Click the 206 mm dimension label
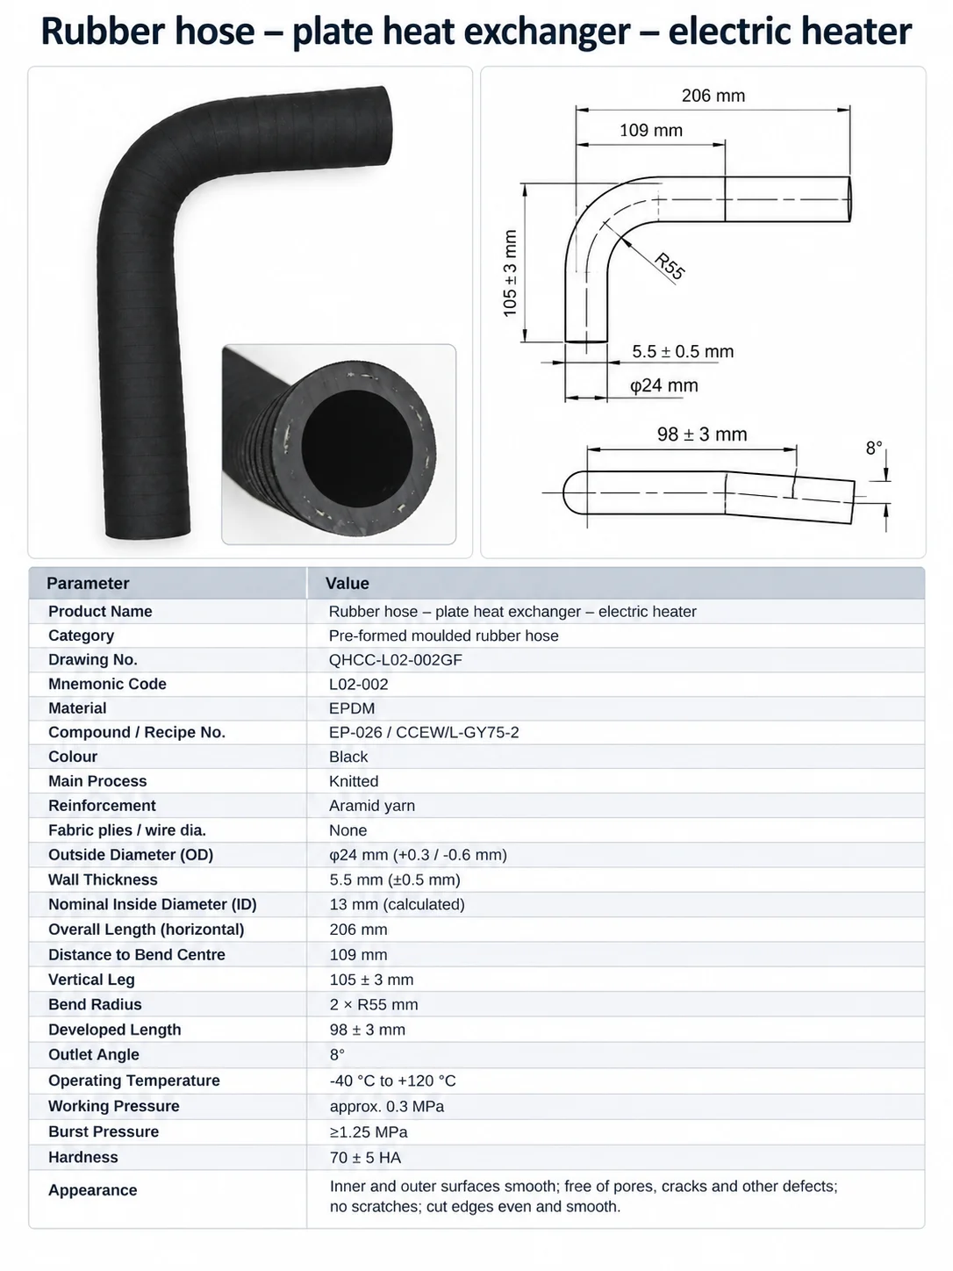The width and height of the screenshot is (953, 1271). click(x=713, y=96)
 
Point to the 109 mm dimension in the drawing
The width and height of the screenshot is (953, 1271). click(x=651, y=130)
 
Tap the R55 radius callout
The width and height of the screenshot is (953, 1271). click(x=670, y=266)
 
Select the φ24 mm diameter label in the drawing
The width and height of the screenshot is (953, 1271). click(x=663, y=385)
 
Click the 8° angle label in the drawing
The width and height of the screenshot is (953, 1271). click(x=874, y=448)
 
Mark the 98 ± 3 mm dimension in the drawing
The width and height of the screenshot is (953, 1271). click(x=702, y=434)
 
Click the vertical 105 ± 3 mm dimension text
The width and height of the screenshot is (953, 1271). click(x=510, y=273)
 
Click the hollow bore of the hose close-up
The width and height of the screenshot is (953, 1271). click(x=357, y=449)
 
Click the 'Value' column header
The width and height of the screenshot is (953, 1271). click(x=348, y=583)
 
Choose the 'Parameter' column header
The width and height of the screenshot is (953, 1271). click(x=88, y=583)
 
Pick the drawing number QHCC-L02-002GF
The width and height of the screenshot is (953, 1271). click(x=395, y=659)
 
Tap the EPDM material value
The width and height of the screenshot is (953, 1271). click(x=352, y=708)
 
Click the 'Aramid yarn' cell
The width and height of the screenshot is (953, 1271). click(x=371, y=806)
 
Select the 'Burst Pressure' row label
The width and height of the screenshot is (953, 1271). click(x=104, y=1131)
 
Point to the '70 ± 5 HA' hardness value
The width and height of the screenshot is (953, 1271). click(x=365, y=1158)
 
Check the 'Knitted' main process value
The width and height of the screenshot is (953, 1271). click(x=354, y=781)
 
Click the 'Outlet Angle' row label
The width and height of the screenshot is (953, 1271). click(x=94, y=1054)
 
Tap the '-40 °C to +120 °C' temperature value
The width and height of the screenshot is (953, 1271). click(x=393, y=1081)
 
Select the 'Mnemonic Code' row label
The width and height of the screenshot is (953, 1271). click(x=107, y=684)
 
